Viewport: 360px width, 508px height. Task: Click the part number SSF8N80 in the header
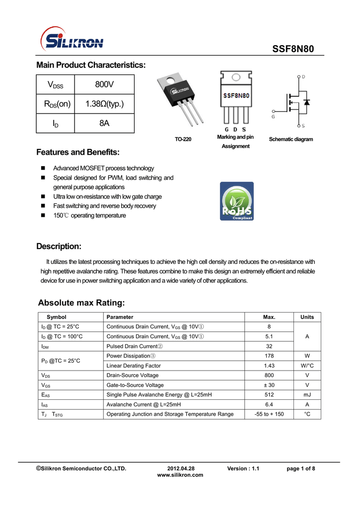click(x=293, y=50)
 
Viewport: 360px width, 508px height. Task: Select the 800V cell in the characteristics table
click(x=104, y=84)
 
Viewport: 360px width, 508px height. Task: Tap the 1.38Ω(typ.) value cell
click(x=104, y=104)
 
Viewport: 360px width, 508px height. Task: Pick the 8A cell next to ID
click(x=104, y=123)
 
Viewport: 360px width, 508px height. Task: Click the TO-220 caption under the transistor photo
click(x=183, y=139)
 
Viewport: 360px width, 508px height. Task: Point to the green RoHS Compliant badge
click(x=236, y=201)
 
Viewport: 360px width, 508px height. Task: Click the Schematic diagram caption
click(x=291, y=139)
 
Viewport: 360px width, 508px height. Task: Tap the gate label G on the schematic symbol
click(x=273, y=117)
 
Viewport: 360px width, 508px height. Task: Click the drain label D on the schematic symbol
click(x=303, y=77)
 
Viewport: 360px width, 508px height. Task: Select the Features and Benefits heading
click(x=78, y=152)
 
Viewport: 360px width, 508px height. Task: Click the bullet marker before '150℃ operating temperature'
click(x=43, y=216)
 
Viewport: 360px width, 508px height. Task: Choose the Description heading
click(x=59, y=247)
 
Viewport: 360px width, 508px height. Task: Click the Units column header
click(x=307, y=317)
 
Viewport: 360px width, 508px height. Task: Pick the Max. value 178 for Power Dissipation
click(x=269, y=356)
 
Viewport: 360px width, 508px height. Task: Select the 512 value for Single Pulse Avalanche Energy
click(x=269, y=395)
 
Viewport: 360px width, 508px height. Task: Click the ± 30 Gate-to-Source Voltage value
click(x=269, y=385)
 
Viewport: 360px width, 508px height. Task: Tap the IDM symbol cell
click(x=45, y=346)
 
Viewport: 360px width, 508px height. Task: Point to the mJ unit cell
click(x=307, y=395)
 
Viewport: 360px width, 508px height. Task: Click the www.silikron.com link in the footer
click(x=180, y=475)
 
